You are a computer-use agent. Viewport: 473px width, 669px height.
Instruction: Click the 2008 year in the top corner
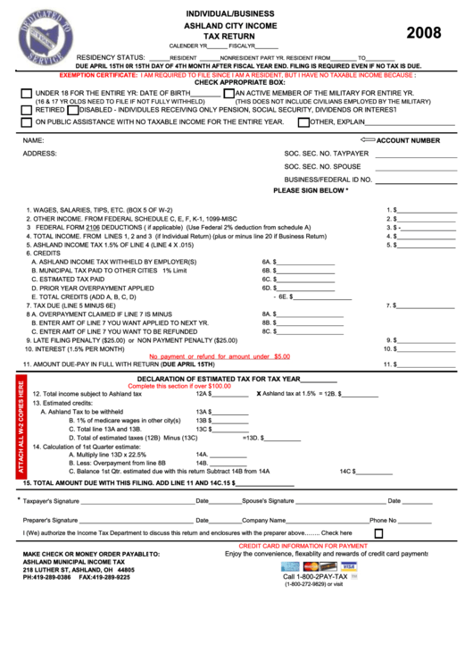(424, 33)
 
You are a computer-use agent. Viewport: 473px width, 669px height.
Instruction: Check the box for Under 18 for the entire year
(26, 94)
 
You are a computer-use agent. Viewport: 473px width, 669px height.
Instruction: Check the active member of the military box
(228, 94)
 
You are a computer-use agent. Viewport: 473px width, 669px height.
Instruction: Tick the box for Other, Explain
(303, 122)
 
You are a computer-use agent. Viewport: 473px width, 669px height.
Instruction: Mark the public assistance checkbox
(26, 122)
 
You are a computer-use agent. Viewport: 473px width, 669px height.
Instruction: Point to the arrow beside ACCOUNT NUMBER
(367, 140)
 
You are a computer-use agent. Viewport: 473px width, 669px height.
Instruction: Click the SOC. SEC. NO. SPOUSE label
(322, 166)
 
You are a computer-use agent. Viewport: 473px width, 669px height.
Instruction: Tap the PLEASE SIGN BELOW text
(310, 190)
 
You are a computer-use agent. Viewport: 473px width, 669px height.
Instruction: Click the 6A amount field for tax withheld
(305, 262)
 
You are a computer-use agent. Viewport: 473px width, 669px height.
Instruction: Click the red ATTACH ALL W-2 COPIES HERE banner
(21, 429)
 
